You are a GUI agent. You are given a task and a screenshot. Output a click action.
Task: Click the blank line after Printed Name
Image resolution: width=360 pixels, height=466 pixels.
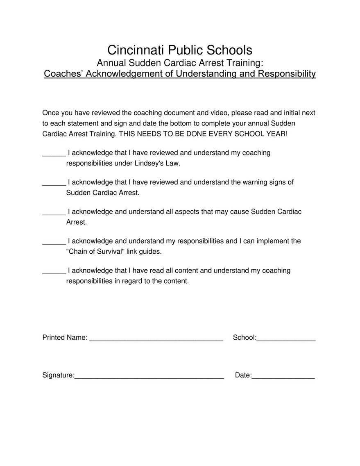(156, 339)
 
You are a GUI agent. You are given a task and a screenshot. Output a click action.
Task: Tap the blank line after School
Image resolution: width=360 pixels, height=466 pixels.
(286, 339)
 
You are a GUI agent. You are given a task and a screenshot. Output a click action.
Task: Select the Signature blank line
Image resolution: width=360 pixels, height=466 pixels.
(149, 377)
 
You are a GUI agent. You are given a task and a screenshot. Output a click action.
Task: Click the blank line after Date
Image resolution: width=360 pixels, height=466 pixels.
(283, 377)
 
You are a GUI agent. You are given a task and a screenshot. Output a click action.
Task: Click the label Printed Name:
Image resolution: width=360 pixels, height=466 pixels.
(65, 338)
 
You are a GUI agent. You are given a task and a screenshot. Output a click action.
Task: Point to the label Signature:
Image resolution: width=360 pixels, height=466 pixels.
(59, 375)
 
